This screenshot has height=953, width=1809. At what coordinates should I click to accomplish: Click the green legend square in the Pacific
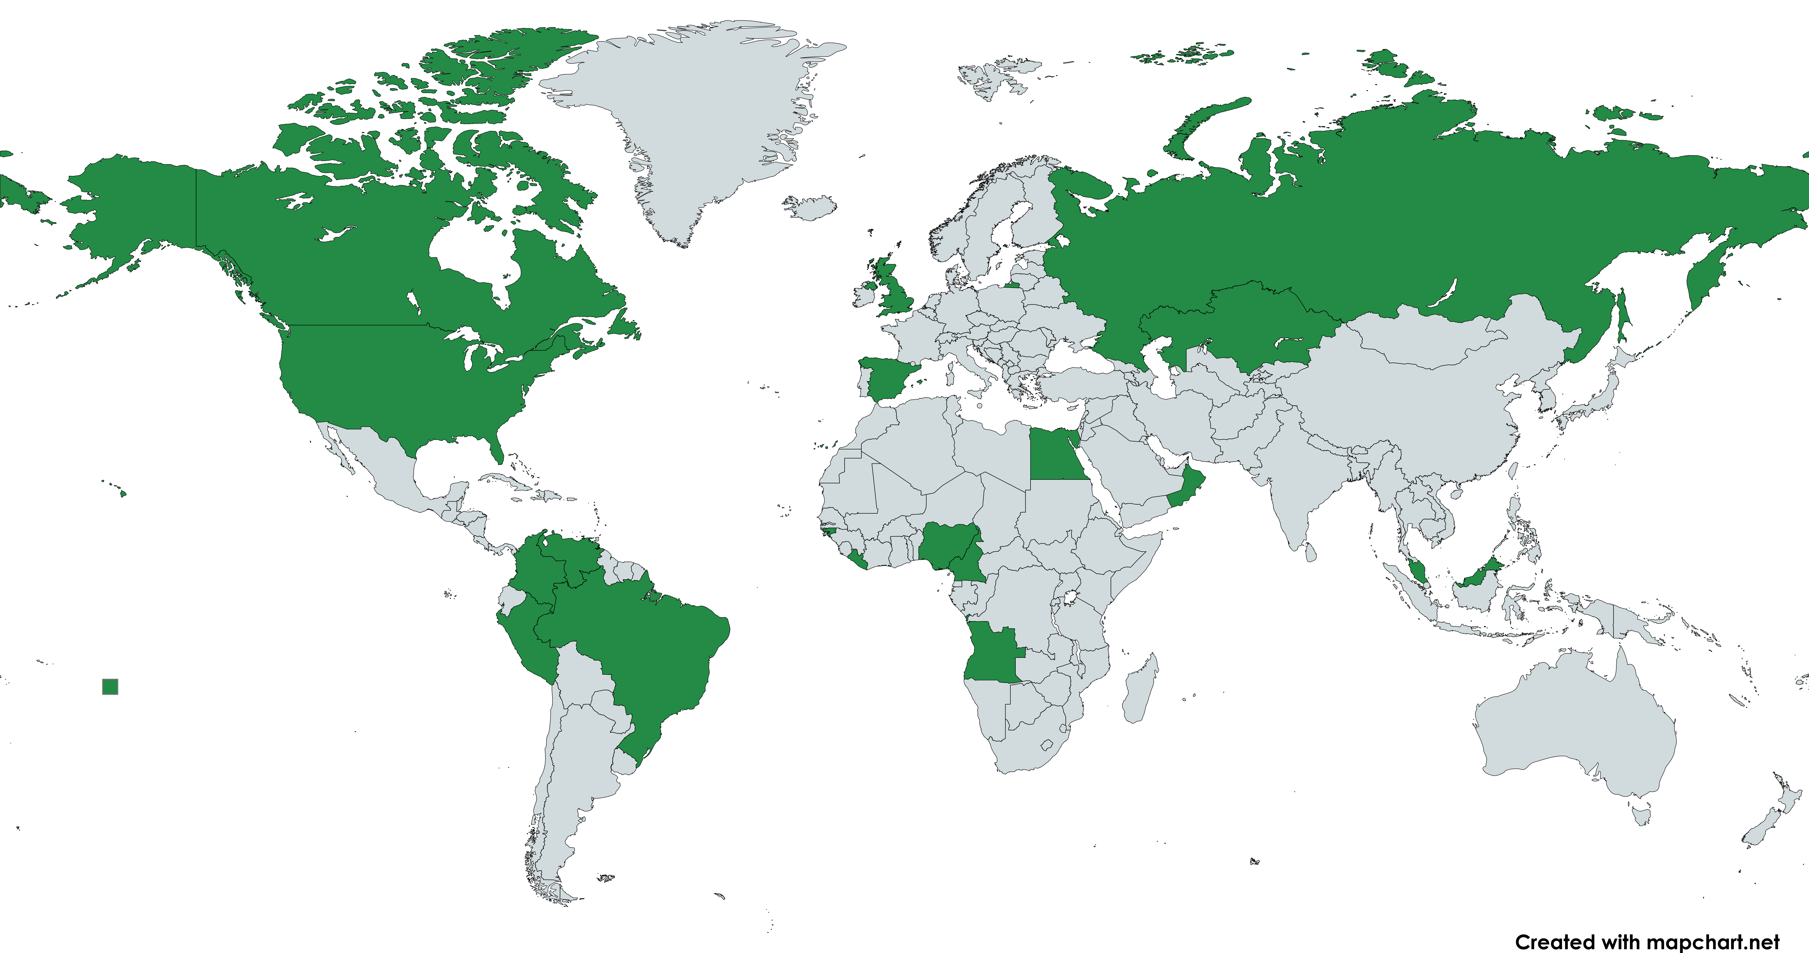110,686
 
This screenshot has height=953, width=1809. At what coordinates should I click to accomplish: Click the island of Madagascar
1139,688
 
